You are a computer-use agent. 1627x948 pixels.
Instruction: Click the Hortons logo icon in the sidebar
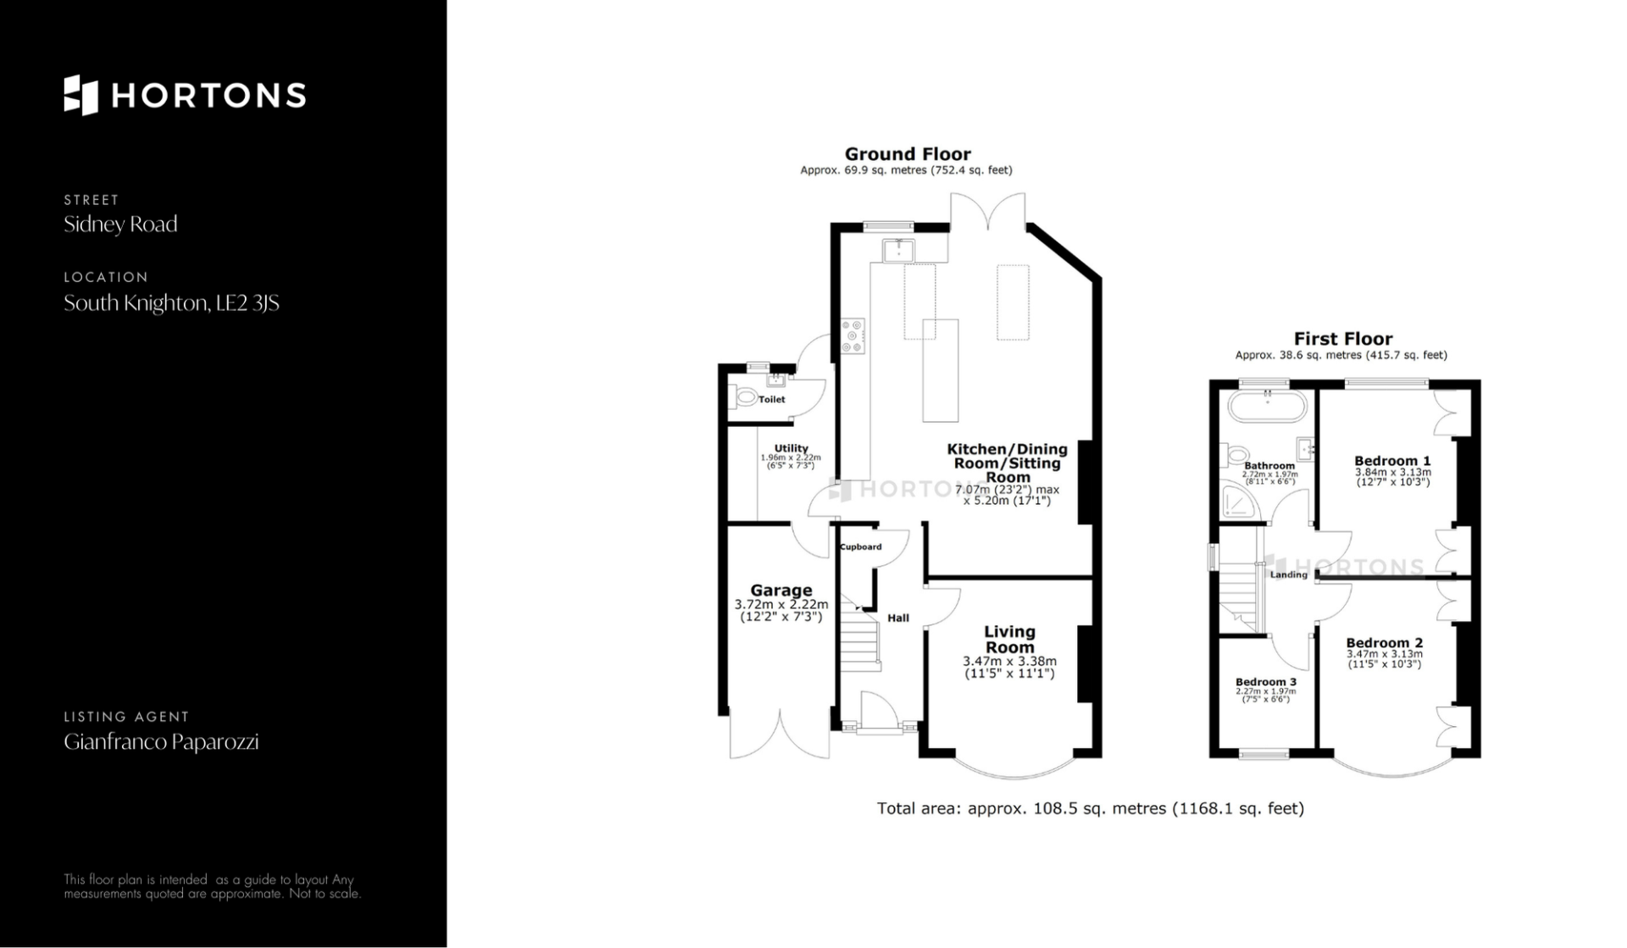pyautogui.click(x=81, y=95)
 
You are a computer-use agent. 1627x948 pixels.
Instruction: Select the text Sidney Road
pyautogui.click(x=120, y=225)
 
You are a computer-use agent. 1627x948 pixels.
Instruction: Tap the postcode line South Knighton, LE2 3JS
pyautogui.click(x=171, y=303)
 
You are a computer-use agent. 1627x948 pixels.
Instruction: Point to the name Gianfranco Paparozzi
pyautogui.click(x=161, y=742)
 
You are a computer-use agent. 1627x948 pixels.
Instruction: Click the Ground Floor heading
pyautogui.click(x=908, y=153)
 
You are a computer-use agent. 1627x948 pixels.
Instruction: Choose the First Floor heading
pyautogui.click(x=1343, y=339)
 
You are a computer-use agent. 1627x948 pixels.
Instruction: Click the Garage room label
pyautogui.click(x=781, y=590)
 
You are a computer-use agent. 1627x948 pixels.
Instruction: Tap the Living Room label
pyautogui.click(x=1009, y=640)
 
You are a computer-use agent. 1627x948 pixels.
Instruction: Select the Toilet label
pyautogui.click(x=771, y=399)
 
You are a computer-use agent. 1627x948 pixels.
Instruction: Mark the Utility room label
pyautogui.click(x=791, y=448)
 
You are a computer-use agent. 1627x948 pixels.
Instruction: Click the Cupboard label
pyautogui.click(x=861, y=546)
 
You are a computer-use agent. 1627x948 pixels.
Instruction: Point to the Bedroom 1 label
pyautogui.click(x=1392, y=461)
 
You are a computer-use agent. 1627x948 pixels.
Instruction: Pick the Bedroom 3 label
pyautogui.click(x=1266, y=682)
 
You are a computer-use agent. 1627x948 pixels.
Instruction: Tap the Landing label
pyautogui.click(x=1289, y=574)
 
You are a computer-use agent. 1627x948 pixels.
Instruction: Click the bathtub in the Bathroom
pyautogui.click(x=1268, y=406)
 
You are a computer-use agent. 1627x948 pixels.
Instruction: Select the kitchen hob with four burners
pyautogui.click(x=852, y=336)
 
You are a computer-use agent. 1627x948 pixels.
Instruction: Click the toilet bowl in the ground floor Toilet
pyautogui.click(x=744, y=396)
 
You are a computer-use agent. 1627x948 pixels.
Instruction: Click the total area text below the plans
pyautogui.click(x=1091, y=808)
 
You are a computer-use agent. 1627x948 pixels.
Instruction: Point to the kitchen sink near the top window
pyautogui.click(x=898, y=251)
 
